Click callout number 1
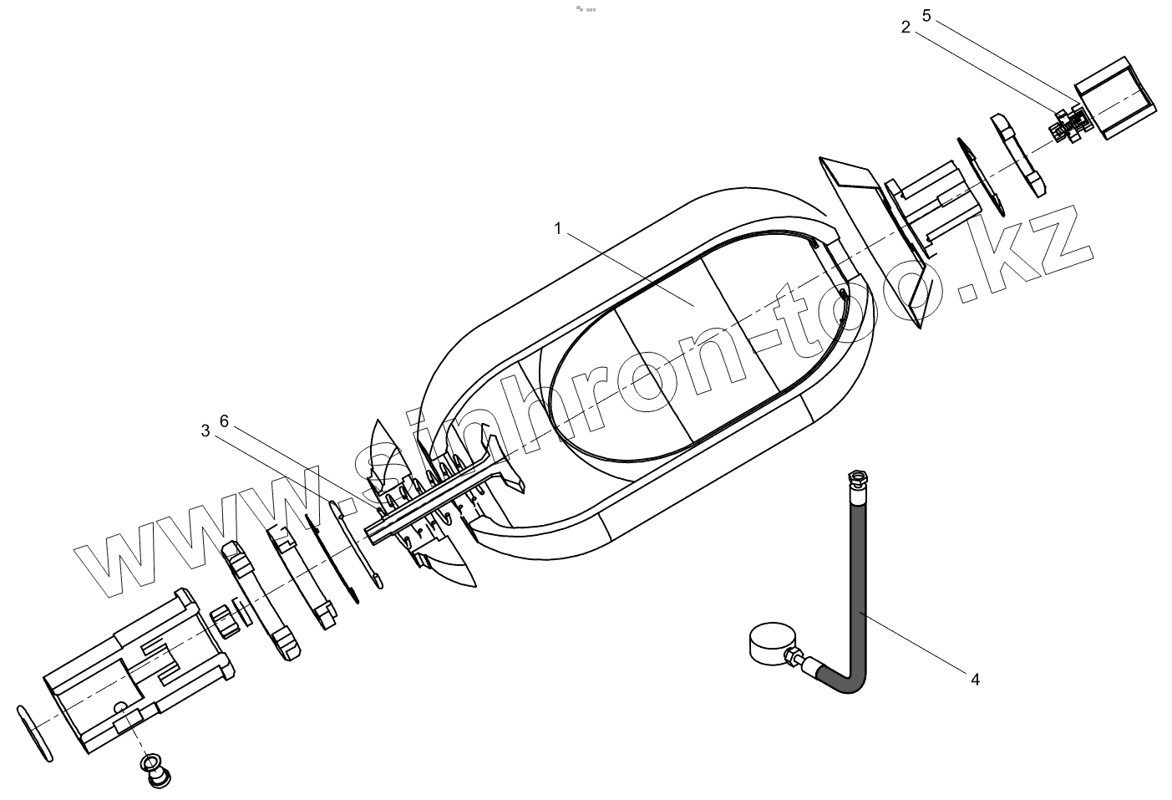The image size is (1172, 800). tap(558, 227)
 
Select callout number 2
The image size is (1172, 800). tap(906, 27)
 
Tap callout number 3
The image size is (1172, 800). tap(205, 431)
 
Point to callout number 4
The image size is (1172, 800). tap(975, 679)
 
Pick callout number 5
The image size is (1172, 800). tap(926, 15)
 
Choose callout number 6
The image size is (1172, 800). tap(224, 420)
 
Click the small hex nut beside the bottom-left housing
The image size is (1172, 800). tap(222, 619)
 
